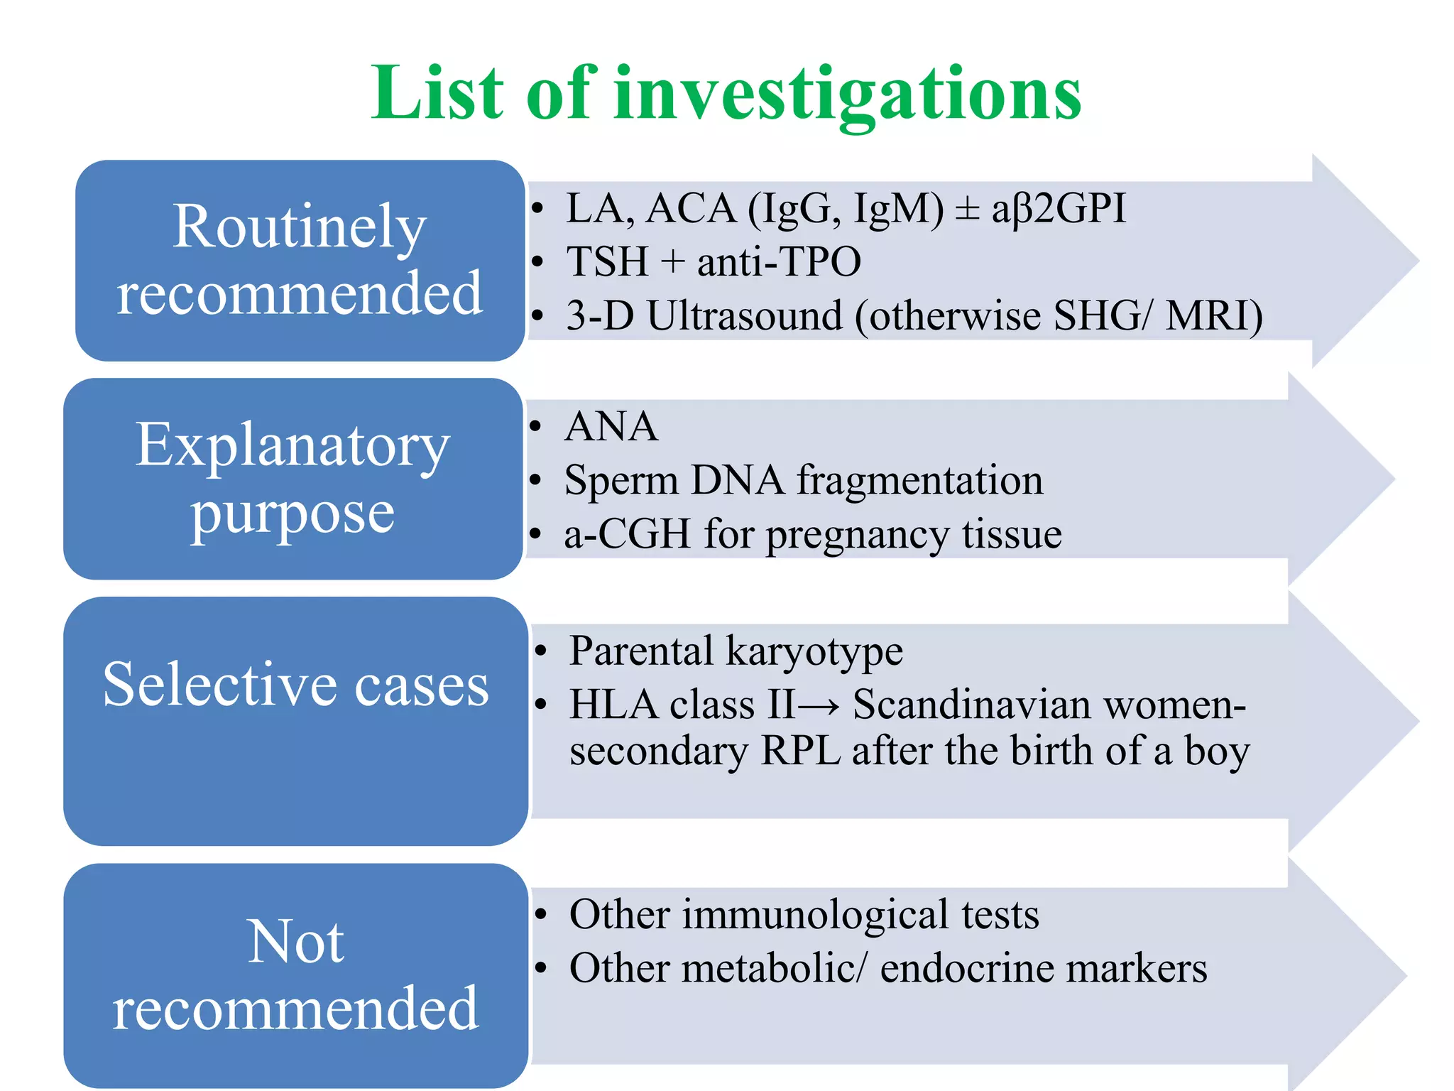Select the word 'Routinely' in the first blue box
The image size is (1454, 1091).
tap(300, 227)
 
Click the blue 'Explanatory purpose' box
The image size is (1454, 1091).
tap(293, 478)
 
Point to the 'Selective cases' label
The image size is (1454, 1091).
tap(296, 684)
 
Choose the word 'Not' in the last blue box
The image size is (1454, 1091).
tap(296, 941)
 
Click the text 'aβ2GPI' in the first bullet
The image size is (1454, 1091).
tap(1059, 209)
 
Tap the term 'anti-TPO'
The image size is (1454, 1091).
tap(779, 261)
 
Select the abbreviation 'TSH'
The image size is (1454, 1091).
tap(607, 261)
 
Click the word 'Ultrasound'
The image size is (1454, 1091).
tap(744, 315)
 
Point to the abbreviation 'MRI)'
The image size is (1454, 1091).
tap(1213, 315)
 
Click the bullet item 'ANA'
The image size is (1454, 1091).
tap(611, 427)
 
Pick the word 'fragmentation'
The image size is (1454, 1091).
tap(920, 480)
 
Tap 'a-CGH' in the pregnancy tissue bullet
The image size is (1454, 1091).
tap(627, 534)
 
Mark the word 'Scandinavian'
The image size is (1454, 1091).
tap(972, 705)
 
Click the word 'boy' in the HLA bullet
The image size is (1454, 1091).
tap(1217, 751)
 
